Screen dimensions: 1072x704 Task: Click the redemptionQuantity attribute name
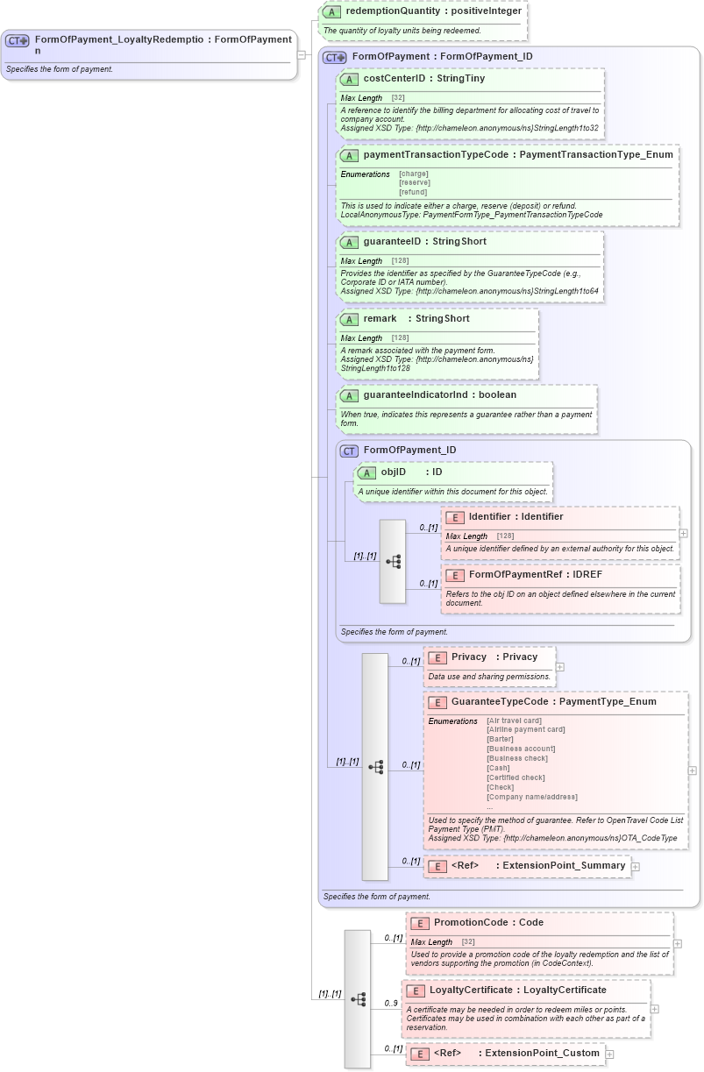(x=386, y=11)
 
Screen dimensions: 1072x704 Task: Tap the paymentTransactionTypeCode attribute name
(x=439, y=155)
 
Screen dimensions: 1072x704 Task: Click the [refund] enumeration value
(x=413, y=192)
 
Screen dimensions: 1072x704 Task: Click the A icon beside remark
(x=349, y=319)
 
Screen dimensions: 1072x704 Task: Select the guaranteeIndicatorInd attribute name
(x=416, y=395)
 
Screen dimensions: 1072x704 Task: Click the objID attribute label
(x=393, y=472)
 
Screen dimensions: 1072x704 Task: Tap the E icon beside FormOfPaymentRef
(x=454, y=575)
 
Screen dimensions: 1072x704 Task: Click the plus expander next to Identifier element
(x=684, y=533)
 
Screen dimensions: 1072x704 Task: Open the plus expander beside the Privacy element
(x=560, y=667)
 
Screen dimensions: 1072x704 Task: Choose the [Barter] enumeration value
(x=500, y=739)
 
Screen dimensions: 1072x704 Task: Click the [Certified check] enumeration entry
(x=516, y=777)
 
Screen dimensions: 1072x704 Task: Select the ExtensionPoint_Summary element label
(x=563, y=866)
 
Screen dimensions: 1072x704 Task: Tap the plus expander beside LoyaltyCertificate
(x=654, y=1009)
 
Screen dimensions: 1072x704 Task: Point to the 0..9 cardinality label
(x=391, y=1004)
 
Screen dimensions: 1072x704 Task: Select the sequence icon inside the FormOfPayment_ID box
(x=393, y=561)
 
